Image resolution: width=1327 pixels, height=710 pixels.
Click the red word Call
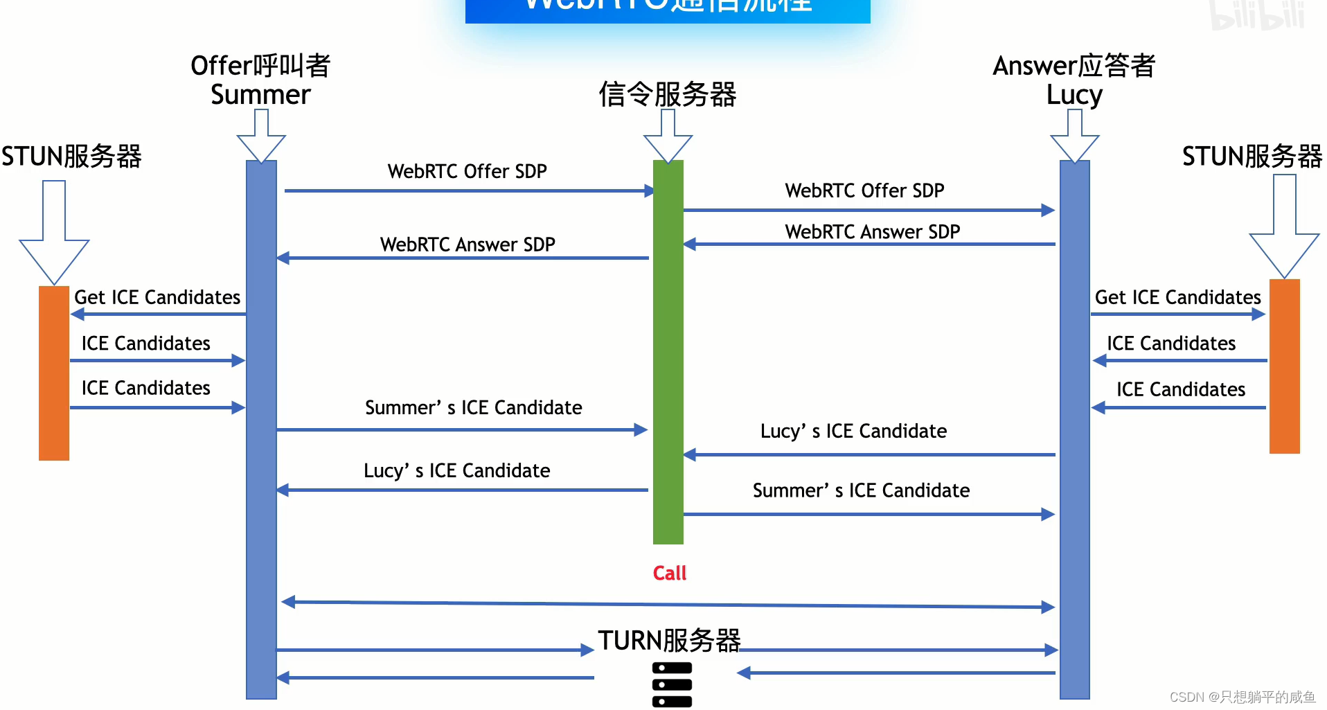pos(669,573)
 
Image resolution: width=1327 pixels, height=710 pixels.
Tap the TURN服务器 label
pos(669,640)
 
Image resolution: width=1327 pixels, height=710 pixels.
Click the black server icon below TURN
pos(672,684)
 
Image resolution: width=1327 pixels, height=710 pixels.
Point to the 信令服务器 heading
pos(667,94)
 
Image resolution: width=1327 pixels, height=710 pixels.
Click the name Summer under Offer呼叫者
pos(260,94)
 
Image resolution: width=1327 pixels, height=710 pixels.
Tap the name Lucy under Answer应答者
pos(1074,94)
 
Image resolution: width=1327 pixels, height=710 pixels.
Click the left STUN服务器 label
pos(71,156)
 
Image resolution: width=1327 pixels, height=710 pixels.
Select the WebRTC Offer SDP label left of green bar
pos(467,171)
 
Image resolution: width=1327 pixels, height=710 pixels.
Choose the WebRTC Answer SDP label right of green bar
pos(872,231)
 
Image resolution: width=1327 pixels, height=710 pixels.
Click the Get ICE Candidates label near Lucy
pos(1177,297)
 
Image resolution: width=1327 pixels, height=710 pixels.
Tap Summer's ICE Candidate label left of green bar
pos(473,407)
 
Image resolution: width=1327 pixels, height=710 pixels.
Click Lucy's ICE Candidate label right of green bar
pos(853,431)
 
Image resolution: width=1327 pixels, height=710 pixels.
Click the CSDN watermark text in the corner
pos(1242,697)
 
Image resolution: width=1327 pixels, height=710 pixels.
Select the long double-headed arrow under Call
pos(668,605)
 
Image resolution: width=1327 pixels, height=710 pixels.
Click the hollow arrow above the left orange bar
pos(54,236)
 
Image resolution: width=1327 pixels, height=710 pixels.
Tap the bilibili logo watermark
pos(1258,15)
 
